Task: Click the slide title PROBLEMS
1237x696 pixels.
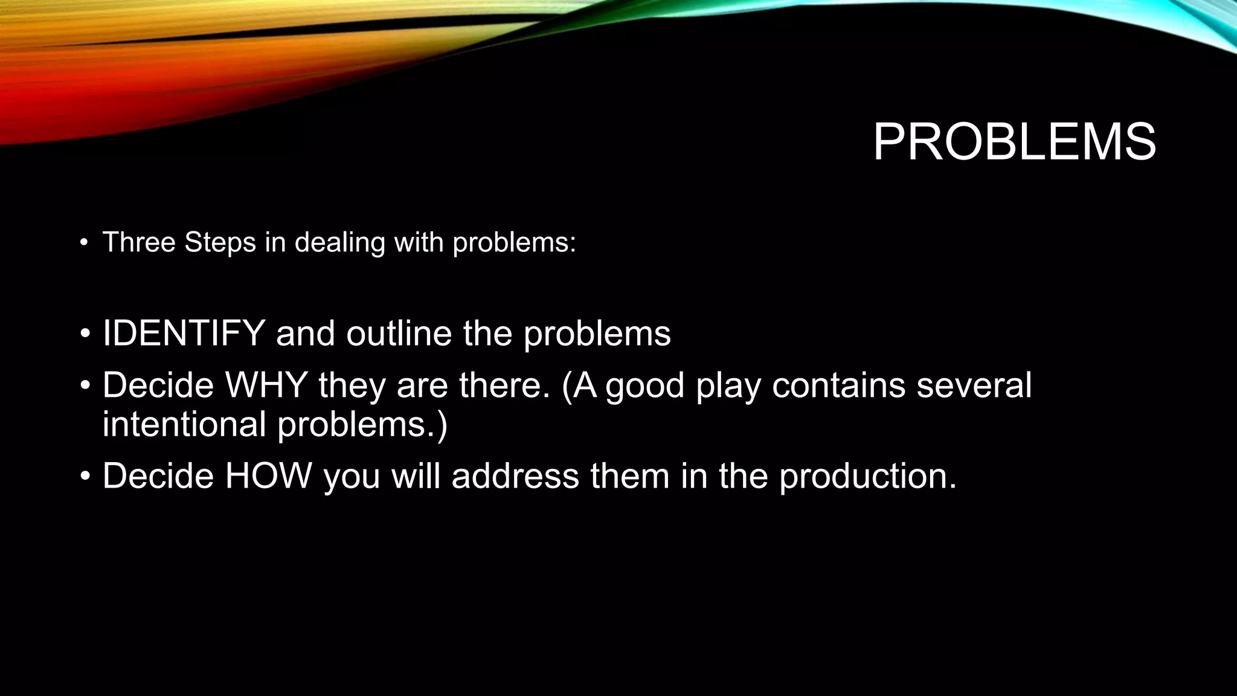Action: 1014,143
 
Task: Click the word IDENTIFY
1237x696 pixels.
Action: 184,333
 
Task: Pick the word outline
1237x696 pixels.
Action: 399,333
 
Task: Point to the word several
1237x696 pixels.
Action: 974,385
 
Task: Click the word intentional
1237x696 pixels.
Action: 184,424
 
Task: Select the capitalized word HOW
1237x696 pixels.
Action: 268,475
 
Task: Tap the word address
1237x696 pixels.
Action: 515,475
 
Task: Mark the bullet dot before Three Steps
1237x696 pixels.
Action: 84,243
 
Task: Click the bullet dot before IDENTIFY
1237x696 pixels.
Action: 85,334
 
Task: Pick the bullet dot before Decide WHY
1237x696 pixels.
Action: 85,386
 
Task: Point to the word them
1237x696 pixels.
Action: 630,475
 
